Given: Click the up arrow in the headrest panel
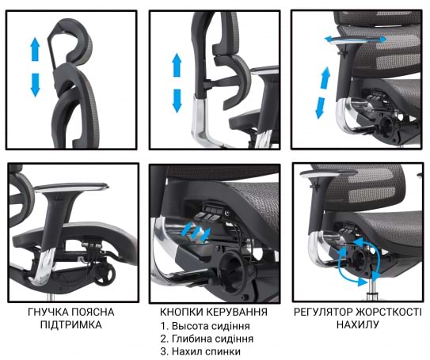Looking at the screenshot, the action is (x=35, y=49).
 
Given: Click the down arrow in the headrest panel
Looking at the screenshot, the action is (x=35, y=85).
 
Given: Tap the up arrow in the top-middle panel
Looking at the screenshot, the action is (x=177, y=65).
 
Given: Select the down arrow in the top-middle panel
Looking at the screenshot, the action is (x=177, y=100).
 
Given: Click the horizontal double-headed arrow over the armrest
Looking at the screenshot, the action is (x=356, y=40).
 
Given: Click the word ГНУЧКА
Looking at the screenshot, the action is (x=48, y=312).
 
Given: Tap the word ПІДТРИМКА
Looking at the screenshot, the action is (x=71, y=325).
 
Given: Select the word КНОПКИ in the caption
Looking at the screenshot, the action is (x=181, y=312).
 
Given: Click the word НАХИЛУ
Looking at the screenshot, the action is (x=358, y=325).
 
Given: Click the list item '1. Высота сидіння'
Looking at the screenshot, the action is (x=205, y=326).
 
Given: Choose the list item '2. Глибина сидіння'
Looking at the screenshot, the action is (x=207, y=339).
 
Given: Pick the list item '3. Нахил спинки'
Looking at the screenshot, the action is (x=200, y=351).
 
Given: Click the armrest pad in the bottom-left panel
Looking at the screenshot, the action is (x=72, y=187).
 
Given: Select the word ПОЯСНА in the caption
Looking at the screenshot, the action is (x=93, y=312).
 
